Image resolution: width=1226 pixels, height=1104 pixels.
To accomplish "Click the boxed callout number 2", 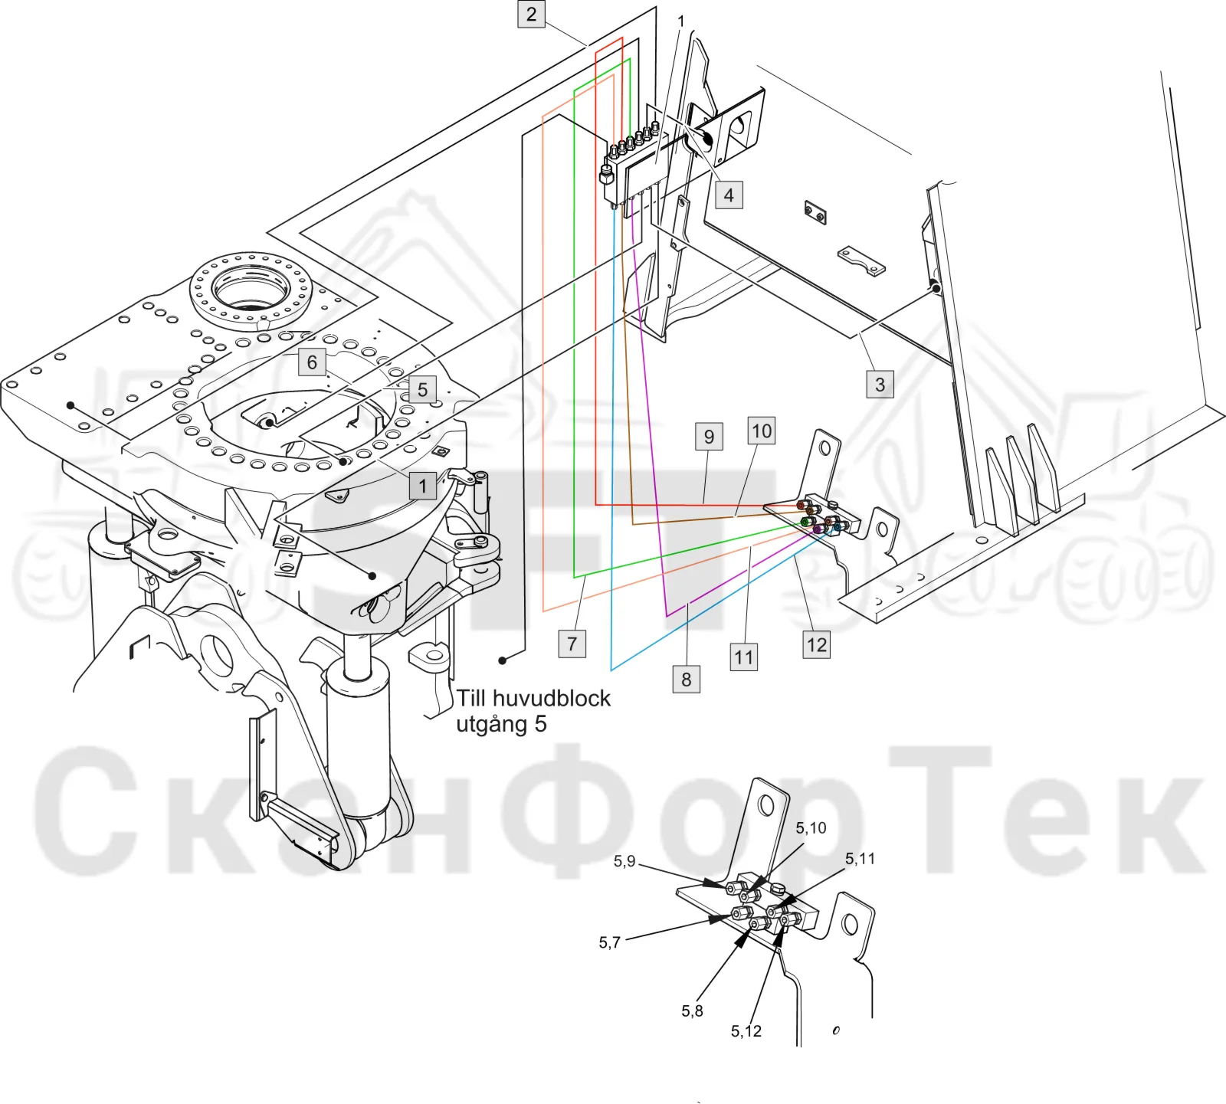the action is (531, 15).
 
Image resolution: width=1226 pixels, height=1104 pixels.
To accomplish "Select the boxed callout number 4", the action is (729, 195).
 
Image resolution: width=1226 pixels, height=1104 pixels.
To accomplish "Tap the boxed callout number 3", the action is (880, 384).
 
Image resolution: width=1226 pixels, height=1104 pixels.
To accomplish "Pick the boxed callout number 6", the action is (312, 362).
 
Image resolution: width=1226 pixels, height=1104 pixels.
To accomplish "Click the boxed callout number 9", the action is (709, 437).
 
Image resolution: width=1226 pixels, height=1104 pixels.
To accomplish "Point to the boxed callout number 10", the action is (762, 431).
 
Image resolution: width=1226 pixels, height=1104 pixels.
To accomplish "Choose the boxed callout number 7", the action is (572, 644).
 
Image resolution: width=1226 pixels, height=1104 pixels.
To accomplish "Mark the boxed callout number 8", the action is (687, 679).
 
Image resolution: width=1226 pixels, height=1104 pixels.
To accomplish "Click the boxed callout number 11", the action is (743, 657).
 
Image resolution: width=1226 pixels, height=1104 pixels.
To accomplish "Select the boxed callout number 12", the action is (817, 644).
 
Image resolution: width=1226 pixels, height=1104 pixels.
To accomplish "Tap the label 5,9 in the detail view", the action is (624, 861).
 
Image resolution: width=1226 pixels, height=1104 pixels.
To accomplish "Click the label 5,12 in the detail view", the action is (746, 1031).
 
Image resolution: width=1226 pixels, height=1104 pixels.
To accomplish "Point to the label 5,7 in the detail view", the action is (610, 942).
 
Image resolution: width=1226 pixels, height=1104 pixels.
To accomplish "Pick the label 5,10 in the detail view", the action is (811, 828).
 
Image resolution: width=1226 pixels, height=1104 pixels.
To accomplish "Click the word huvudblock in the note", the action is (552, 699).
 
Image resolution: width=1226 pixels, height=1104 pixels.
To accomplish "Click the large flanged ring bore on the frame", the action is (251, 290).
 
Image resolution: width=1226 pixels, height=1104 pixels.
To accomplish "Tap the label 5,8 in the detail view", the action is (692, 1011).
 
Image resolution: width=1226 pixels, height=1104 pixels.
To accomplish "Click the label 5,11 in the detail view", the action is (860, 859).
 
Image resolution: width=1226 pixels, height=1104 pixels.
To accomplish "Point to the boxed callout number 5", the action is (422, 389).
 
